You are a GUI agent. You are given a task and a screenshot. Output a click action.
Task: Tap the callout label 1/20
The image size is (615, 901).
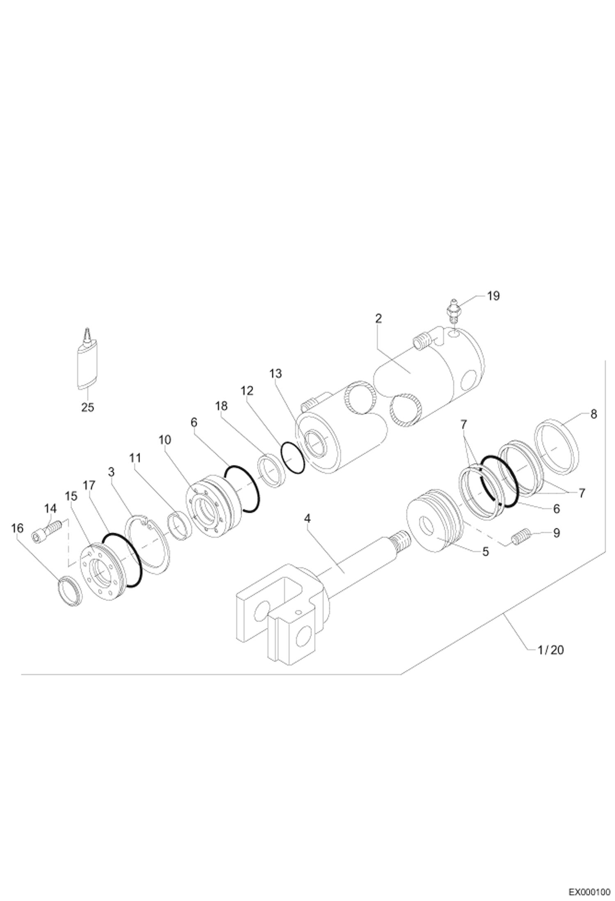pyautogui.click(x=550, y=650)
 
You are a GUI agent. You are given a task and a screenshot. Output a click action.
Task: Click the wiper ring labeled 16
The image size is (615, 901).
pyautogui.click(x=71, y=591)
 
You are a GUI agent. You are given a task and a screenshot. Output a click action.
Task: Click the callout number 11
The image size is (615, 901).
pyautogui.click(x=135, y=457)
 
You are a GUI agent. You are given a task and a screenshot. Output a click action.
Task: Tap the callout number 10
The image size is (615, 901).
pyautogui.click(x=165, y=439)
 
